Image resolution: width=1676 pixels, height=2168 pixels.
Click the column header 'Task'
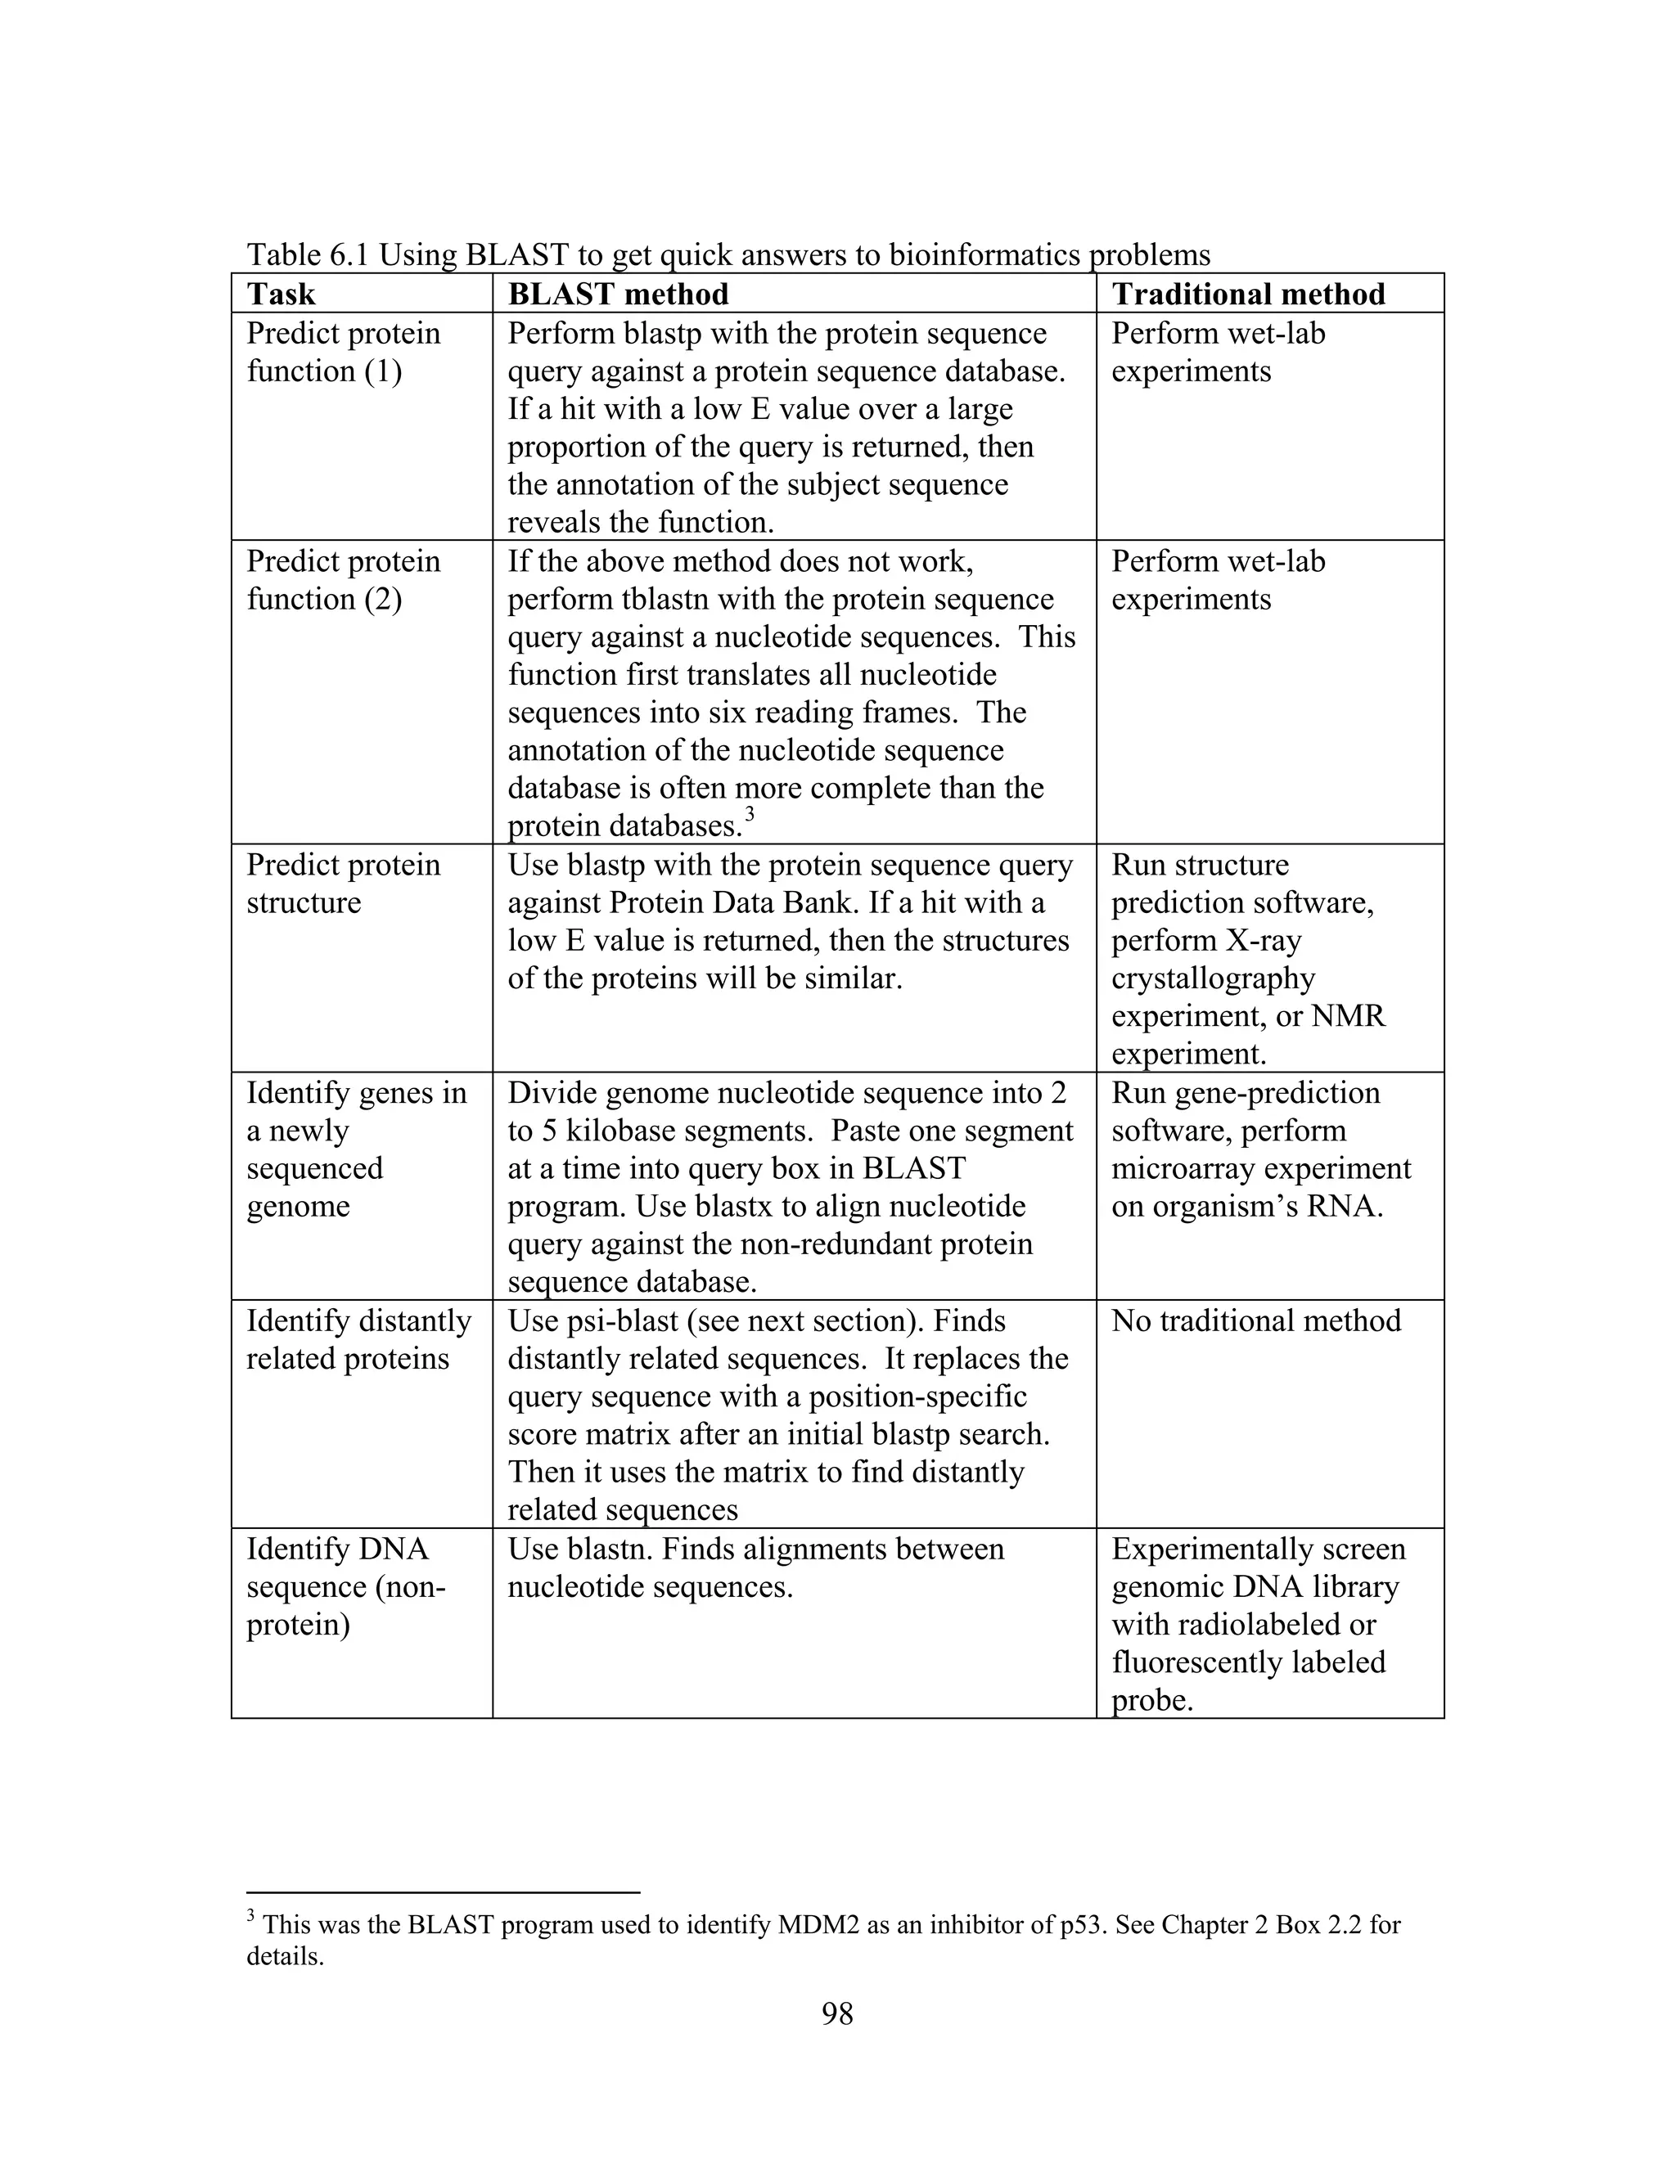tap(281, 294)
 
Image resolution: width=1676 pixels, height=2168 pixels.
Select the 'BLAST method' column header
tap(618, 294)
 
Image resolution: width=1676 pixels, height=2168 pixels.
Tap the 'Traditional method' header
tap(1248, 294)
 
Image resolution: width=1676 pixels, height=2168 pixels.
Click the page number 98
tap(837, 2013)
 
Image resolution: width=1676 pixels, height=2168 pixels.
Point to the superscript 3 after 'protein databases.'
tap(750, 814)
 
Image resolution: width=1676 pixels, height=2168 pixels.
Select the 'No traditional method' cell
tap(1256, 1320)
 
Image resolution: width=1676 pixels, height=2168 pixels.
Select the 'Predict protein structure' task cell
tap(344, 884)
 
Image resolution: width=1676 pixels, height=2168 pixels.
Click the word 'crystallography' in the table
tap(1212, 978)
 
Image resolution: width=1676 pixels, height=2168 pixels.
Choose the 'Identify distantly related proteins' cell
tap(358, 1339)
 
